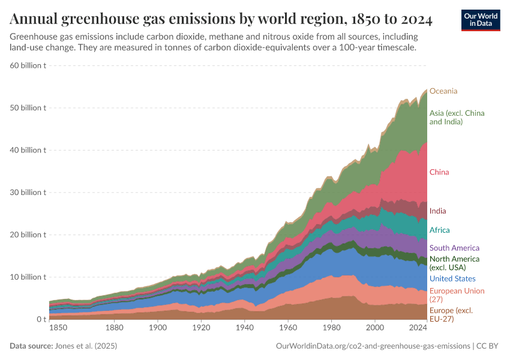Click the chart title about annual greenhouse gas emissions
point(221,19)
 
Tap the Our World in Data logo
point(480,20)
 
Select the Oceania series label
point(443,91)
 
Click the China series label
point(439,172)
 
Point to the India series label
point(437,211)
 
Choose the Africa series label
point(439,230)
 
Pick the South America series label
point(454,248)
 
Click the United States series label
point(452,278)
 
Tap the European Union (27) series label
point(457,295)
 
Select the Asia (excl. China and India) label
point(457,117)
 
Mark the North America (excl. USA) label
point(454,263)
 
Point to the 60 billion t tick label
point(29,65)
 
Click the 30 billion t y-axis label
point(29,193)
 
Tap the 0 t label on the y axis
point(41,319)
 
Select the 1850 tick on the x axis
point(58,328)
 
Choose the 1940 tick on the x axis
point(244,328)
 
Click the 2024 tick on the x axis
point(417,328)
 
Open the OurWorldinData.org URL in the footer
point(373,346)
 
